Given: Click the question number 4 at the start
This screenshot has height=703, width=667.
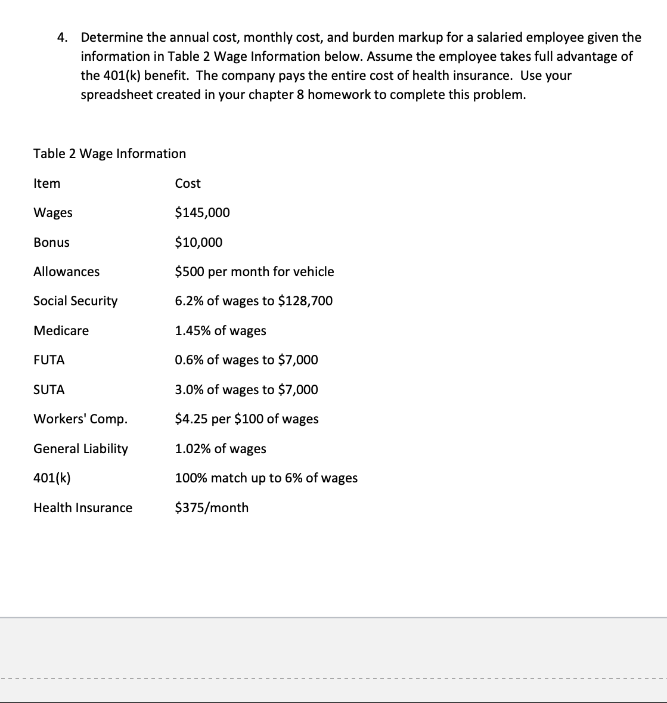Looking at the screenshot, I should pyautogui.click(x=62, y=38).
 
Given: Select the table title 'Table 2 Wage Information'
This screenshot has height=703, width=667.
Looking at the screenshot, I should pyautogui.click(x=110, y=154).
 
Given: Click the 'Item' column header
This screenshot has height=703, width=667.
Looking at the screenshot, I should pyautogui.click(x=46, y=184).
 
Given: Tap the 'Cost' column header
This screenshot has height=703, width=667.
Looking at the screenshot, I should pyautogui.click(x=188, y=184).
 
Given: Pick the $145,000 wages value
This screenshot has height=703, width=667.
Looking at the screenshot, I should pyautogui.click(x=202, y=213).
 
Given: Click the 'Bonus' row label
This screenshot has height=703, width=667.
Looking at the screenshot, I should pyautogui.click(x=51, y=243).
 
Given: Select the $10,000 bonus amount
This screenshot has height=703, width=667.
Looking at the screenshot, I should pyautogui.click(x=198, y=243).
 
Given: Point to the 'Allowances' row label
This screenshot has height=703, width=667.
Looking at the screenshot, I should pyautogui.click(x=66, y=272).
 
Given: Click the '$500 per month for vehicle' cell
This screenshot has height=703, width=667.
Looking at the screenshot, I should pyautogui.click(x=255, y=272).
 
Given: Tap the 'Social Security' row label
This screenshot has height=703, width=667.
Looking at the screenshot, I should pyautogui.click(x=75, y=301).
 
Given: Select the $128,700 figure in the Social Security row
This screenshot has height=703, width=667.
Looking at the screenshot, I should pyautogui.click(x=305, y=301).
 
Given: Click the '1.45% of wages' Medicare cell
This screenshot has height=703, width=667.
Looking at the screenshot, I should pyautogui.click(x=221, y=331).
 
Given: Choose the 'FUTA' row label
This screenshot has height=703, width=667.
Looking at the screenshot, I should pyautogui.click(x=49, y=360).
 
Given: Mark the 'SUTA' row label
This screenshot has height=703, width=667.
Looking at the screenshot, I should pyautogui.click(x=49, y=390).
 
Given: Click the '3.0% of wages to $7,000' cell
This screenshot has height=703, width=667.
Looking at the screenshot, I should pyautogui.click(x=246, y=390).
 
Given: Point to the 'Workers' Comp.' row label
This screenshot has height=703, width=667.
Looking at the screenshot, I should pyautogui.click(x=80, y=419).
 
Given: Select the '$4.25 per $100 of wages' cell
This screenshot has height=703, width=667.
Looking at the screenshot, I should pyautogui.click(x=247, y=419).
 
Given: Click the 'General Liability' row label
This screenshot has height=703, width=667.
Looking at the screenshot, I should pyautogui.click(x=80, y=449).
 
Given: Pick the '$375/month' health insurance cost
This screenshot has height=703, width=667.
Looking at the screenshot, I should pyautogui.click(x=212, y=508).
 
